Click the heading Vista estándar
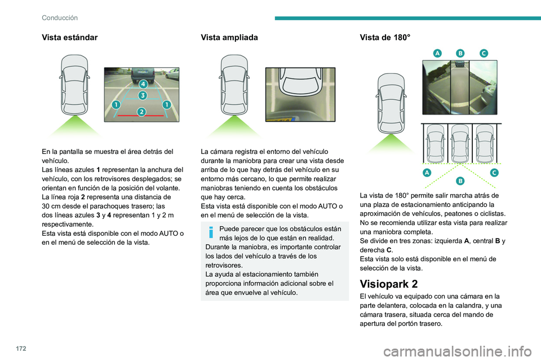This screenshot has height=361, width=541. [70, 37]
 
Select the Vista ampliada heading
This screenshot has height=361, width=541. [229, 37]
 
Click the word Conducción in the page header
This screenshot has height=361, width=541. [60, 18]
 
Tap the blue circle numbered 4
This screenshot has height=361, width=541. [143, 84]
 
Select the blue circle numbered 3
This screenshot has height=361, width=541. [143, 95]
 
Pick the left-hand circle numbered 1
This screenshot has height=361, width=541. [116, 105]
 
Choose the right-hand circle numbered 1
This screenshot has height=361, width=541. [166, 105]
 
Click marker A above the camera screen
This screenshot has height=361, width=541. [437, 52]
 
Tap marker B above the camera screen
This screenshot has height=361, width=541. [460, 52]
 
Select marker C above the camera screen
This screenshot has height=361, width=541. [484, 52]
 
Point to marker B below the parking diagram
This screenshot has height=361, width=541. [460, 180]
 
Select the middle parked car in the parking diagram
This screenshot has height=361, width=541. [460, 143]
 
